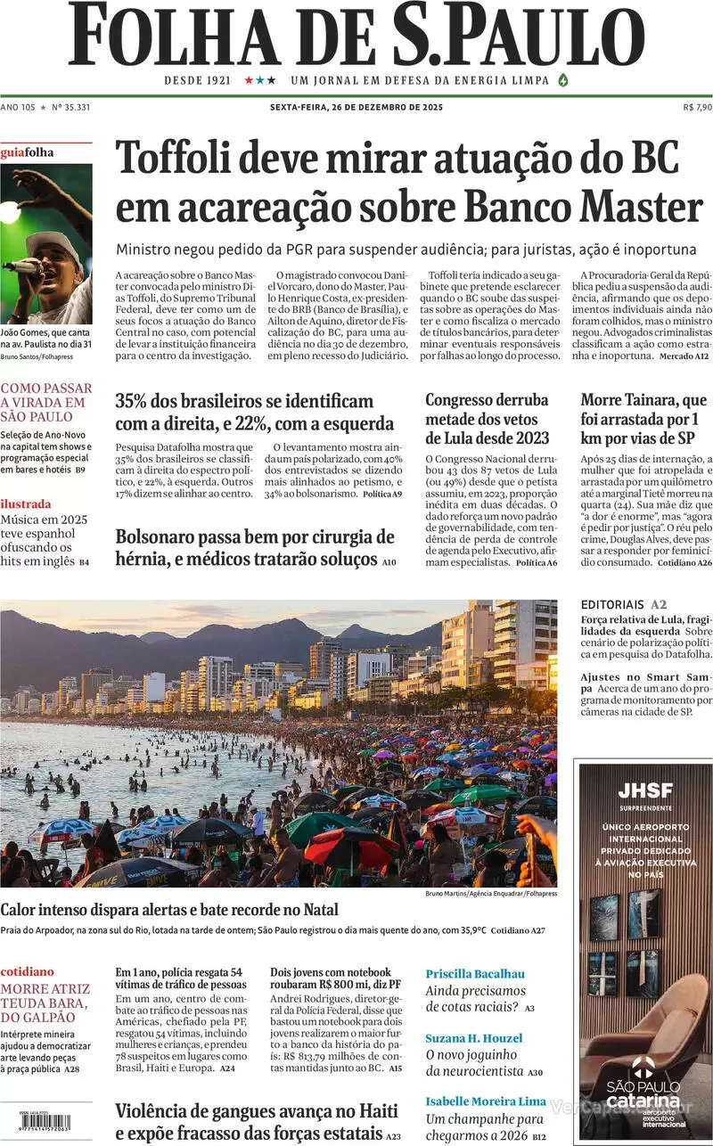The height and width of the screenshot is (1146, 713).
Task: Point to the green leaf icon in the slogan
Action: (x=562, y=80)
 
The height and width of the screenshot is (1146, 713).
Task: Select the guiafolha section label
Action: (x=27, y=152)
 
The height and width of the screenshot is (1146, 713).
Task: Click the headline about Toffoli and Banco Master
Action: (x=409, y=183)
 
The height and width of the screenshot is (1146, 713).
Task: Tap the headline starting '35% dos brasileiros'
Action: (x=254, y=412)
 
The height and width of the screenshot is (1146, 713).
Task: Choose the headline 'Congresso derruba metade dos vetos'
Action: (x=488, y=419)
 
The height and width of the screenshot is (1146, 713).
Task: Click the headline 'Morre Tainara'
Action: (x=643, y=419)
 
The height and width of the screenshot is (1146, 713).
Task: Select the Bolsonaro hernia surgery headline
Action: (x=255, y=548)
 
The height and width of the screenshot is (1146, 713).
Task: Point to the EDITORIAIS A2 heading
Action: (x=623, y=604)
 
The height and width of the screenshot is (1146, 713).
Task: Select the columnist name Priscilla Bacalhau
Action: (x=475, y=973)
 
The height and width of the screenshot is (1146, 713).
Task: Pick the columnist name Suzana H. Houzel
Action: (x=474, y=1038)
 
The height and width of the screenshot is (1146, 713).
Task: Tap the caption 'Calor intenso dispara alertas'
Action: (x=169, y=910)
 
